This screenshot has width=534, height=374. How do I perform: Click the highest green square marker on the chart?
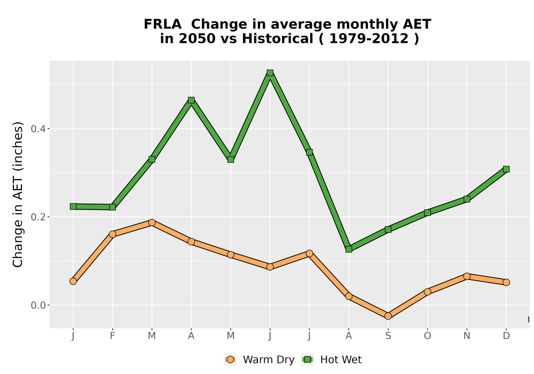[x=270, y=73]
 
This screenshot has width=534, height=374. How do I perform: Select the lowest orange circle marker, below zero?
[x=388, y=316]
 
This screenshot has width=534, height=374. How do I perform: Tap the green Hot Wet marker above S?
[x=388, y=230]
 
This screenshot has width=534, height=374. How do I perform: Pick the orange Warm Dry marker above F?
[x=112, y=234]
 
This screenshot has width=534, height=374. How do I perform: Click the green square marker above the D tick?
[x=506, y=169]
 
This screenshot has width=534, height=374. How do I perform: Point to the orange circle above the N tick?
[x=467, y=276]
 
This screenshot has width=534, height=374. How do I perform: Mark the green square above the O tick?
[x=427, y=213]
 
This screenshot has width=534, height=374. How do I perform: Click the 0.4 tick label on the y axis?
[x=38, y=129]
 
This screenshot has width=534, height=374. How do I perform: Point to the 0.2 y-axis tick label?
[x=38, y=217]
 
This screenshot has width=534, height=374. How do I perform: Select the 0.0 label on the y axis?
[x=38, y=305]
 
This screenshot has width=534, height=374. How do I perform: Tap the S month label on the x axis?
[x=388, y=336]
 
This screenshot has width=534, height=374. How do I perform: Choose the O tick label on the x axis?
[x=427, y=336]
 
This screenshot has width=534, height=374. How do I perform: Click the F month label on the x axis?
[x=112, y=336]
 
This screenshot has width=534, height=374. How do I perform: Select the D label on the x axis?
[x=506, y=336]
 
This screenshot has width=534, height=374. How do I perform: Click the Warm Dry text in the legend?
[x=269, y=360]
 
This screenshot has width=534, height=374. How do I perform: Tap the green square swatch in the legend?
[x=308, y=360]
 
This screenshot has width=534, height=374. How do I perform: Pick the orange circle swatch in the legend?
[x=230, y=360]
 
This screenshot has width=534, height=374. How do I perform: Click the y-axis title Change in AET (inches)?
[x=18, y=194]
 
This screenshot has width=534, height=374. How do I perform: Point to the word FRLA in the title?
[x=162, y=25]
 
